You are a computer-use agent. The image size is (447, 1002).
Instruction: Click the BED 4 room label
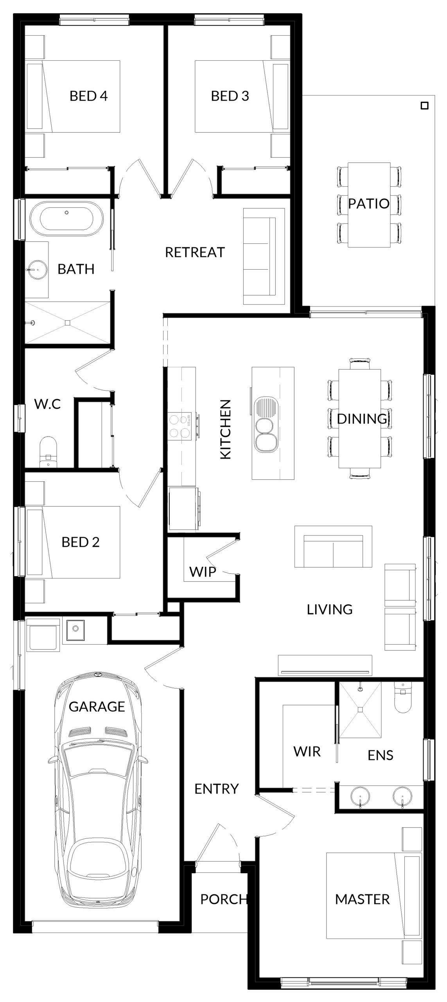coord(88,96)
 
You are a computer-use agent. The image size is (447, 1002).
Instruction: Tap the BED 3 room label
coord(230,96)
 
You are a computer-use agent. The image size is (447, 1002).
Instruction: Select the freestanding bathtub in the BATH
coord(67,218)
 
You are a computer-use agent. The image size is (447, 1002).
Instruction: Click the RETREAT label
coord(195,252)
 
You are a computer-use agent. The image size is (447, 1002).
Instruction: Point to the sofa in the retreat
coord(264,256)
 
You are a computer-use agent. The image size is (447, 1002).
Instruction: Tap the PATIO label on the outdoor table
coord(369,204)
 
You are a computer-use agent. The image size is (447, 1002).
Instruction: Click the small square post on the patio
coord(424,106)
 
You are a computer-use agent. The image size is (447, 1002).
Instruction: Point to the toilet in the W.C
coord(48,452)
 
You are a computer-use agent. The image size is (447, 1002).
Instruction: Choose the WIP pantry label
coord(203,572)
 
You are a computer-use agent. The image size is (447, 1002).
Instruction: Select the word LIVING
coord(330,609)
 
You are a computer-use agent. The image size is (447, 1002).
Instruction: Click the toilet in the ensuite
coord(403,697)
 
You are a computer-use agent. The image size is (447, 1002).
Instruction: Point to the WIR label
coord(307,751)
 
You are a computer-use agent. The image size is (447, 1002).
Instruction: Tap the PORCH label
coord(224,899)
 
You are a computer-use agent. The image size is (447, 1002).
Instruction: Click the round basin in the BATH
coord(37,269)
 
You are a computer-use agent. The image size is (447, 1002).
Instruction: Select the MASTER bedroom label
coord(363,899)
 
